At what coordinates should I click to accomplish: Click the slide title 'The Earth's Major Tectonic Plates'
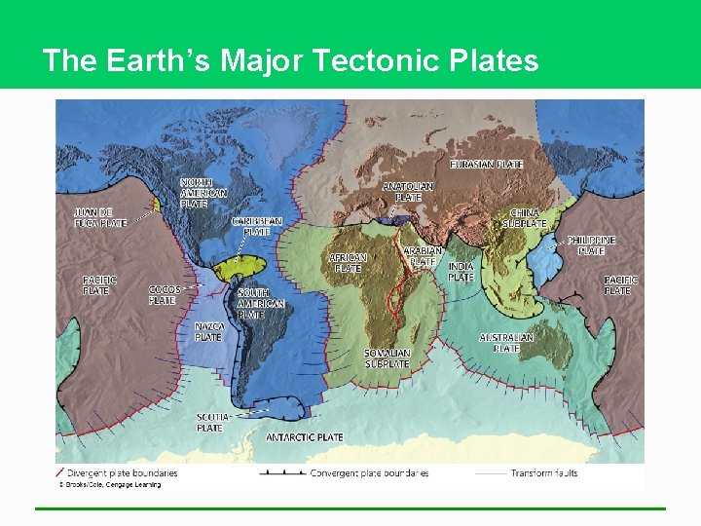pyautogui.click(x=290, y=60)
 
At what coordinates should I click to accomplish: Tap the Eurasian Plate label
pyautogui.click(x=486, y=165)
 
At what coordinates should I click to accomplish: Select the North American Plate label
pyautogui.click(x=203, y=193)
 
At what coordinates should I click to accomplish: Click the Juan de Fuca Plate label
pyautogui.click(x=100, y=217)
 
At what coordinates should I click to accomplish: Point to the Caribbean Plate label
pyautogui.click(x=257, y=227)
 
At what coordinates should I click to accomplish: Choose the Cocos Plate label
pyautogui.click(x=164, y=295)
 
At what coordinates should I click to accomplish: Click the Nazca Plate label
pyautogui.click(x=208, y=332)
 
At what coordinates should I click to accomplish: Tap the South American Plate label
pyautogui.click(x=261, y=303)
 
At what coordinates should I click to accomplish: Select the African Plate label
pyautogui.click(x=348, y=263)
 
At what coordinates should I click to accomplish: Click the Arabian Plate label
pyautogui.click(x=423, y=256)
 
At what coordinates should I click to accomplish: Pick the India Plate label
pyautogui.click(x=461, y=272)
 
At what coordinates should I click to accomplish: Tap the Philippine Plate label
pyautogui.click(x=591, y=245)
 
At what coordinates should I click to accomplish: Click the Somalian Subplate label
pyautogui.click(x=387, y=358)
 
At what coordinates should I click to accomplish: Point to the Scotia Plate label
pyautogui.click(x=210, y=422)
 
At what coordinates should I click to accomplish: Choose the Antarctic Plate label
pyautogui.click(x=305, y=437)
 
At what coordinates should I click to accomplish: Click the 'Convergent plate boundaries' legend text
pyautogui.click(x=369, y=473)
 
